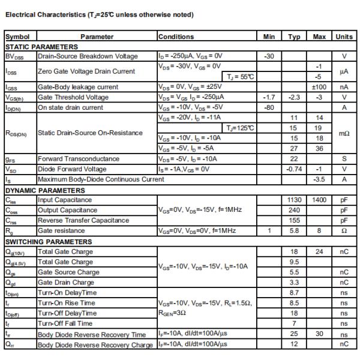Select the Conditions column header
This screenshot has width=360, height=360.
pos(176,37)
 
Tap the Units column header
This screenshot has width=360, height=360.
pos(344,37)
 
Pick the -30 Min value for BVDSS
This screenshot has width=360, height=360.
pos(269,56)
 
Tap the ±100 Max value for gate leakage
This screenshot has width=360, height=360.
pos(319,86)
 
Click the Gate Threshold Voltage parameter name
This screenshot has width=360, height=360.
pos(73,97)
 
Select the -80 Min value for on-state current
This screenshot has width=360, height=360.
pos(269,107)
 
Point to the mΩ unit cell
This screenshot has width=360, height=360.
pos(344,132)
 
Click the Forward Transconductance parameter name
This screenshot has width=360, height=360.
pos(79,158)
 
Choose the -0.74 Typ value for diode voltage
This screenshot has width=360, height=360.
pos(294,169)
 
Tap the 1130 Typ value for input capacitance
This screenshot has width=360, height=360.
pos(294,200)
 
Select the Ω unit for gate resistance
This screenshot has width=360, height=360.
pos(344,231)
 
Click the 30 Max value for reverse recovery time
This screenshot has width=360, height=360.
pos(319,334)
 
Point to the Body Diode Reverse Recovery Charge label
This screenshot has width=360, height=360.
pos(95,344)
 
